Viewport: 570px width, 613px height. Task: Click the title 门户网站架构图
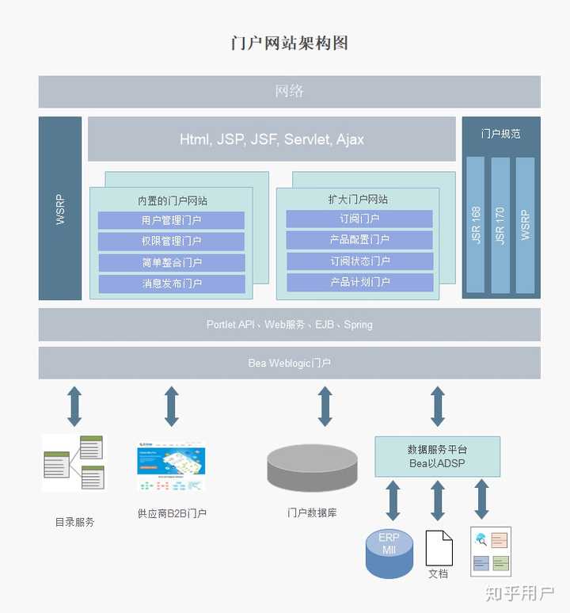click(289, 43)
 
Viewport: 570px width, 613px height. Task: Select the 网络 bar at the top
click(289, 92)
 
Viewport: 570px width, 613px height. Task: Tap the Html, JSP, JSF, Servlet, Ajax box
click(272, 139)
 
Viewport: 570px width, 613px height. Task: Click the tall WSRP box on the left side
click(60, 209)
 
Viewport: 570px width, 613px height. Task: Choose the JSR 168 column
click(475, 225)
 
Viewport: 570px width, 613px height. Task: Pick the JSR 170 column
click(500, 225)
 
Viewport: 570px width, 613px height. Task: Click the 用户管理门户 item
click(171, 220)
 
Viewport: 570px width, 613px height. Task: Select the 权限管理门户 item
click(171, 242)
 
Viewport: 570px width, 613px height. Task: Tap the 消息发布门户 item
click(171, 284)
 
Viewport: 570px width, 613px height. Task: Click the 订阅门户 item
click(359, 219)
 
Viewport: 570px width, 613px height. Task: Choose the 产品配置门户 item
click(359, 240)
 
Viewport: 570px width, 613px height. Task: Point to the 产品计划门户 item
click(359, 282)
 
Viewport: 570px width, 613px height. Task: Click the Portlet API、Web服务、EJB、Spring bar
click(289, 325)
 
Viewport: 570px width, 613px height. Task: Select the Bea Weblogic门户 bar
click(289, 364)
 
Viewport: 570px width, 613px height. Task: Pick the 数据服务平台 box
click(437, 456)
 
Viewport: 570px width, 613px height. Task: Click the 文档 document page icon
click(439, 547)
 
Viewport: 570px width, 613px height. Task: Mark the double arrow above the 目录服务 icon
click(74, 406)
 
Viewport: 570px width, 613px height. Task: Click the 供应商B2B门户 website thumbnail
click(171, 467)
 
